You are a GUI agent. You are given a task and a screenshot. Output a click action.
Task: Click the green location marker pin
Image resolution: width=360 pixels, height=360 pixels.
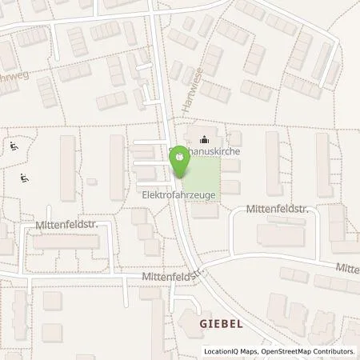click(179, 160)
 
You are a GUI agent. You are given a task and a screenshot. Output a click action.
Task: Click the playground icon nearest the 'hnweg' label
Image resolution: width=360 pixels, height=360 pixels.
click(14, 146)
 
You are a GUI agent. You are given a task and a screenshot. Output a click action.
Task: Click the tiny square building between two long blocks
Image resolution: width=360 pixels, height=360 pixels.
click(91, 182)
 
